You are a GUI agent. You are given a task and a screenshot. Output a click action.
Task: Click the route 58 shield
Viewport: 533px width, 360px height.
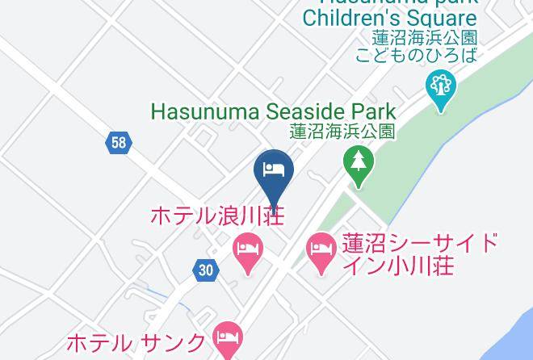119,144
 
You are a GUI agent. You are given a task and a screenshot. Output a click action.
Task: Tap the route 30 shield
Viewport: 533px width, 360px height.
207,270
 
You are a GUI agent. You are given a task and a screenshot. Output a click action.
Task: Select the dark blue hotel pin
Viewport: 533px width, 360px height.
274,170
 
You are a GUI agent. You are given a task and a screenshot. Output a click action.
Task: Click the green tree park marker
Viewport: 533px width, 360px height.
356,165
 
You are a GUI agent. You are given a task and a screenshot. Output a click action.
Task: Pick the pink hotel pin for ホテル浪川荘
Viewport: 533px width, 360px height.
247,249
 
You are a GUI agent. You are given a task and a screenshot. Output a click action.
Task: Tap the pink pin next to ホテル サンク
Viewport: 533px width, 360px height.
227,338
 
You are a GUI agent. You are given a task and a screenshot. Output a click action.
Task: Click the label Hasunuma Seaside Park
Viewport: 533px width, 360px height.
274,112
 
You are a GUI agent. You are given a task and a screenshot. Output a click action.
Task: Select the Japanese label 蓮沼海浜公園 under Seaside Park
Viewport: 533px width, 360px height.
342,131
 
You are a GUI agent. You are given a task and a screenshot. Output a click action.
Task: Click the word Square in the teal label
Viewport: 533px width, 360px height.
446,17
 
